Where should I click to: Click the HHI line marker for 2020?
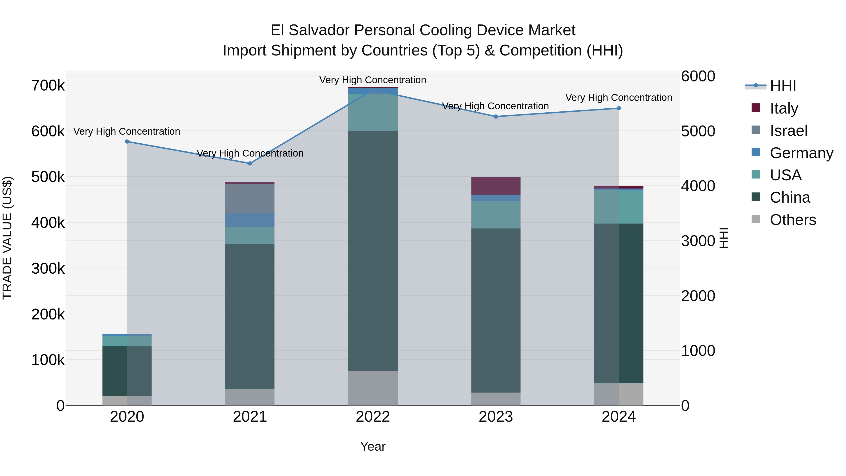coord(127,142)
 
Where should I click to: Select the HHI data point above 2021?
coord(250,163)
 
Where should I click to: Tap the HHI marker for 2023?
coord(496,117)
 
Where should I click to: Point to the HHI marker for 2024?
coord(619,108)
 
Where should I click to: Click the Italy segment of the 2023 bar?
coord(496,186)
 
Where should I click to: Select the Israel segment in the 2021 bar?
coord(250,198)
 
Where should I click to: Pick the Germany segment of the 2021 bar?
coord(250,220)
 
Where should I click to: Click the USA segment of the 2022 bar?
coord(373,112)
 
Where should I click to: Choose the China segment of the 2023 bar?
coord(496,311)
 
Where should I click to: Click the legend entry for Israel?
coord(788,131)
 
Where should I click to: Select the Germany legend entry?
coord(801,153)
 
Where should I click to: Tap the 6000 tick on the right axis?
coord(698,76)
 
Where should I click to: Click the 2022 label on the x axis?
coord(373,417)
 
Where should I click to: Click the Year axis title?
coord(373,446)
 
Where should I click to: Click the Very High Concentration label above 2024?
coord(619,98)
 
